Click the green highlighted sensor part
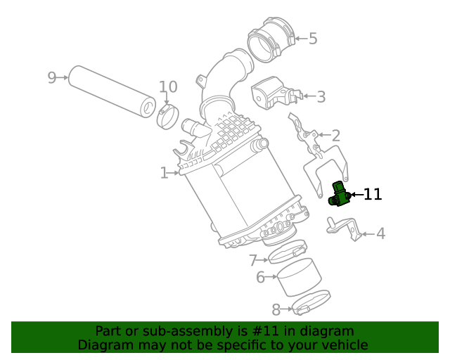[x=339, y=195]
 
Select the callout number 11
[x=372, y=195]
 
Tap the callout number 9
[x=51, y=77]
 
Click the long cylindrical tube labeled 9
[x=112, y=91]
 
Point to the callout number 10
[x=168, y=87]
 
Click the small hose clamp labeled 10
[x=167, y=116]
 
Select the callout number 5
[x=313, y=39]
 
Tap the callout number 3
[x=321, y=97]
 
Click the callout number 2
[x=335, y=136]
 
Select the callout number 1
[x=164, y=173]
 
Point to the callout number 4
[x=380, y=233]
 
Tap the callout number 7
[x=253, y=261]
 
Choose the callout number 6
[x=260, y=278]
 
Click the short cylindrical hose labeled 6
[x=297, y=277]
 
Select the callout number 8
[x=276, y=309]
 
